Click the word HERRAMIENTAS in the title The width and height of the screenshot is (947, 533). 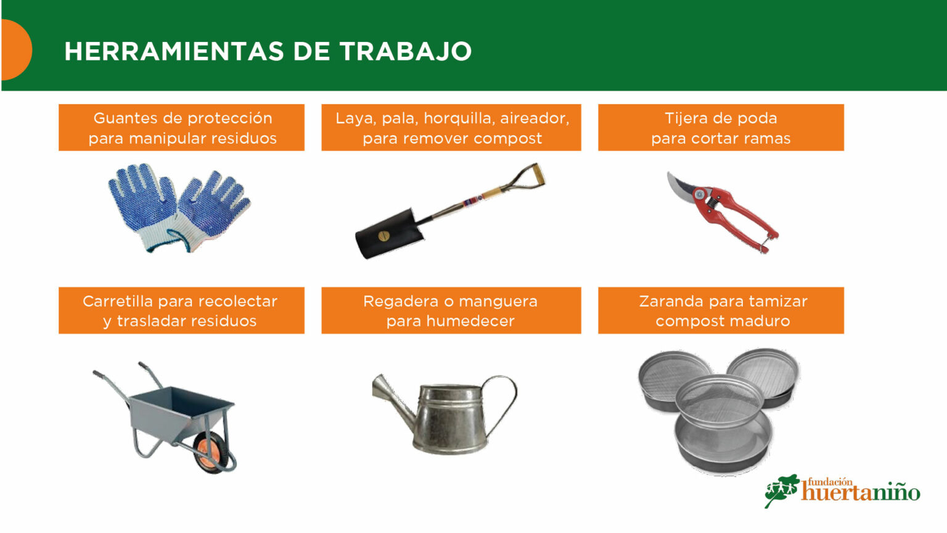pos(174,52)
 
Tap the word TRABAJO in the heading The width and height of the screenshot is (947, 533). pos(405,52)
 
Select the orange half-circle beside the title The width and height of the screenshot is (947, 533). pos(17,49)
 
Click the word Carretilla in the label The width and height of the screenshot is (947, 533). pos(118,301)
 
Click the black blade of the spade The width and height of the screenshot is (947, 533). pos(388,234)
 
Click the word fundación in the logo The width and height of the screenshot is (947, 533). pos(830,482)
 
